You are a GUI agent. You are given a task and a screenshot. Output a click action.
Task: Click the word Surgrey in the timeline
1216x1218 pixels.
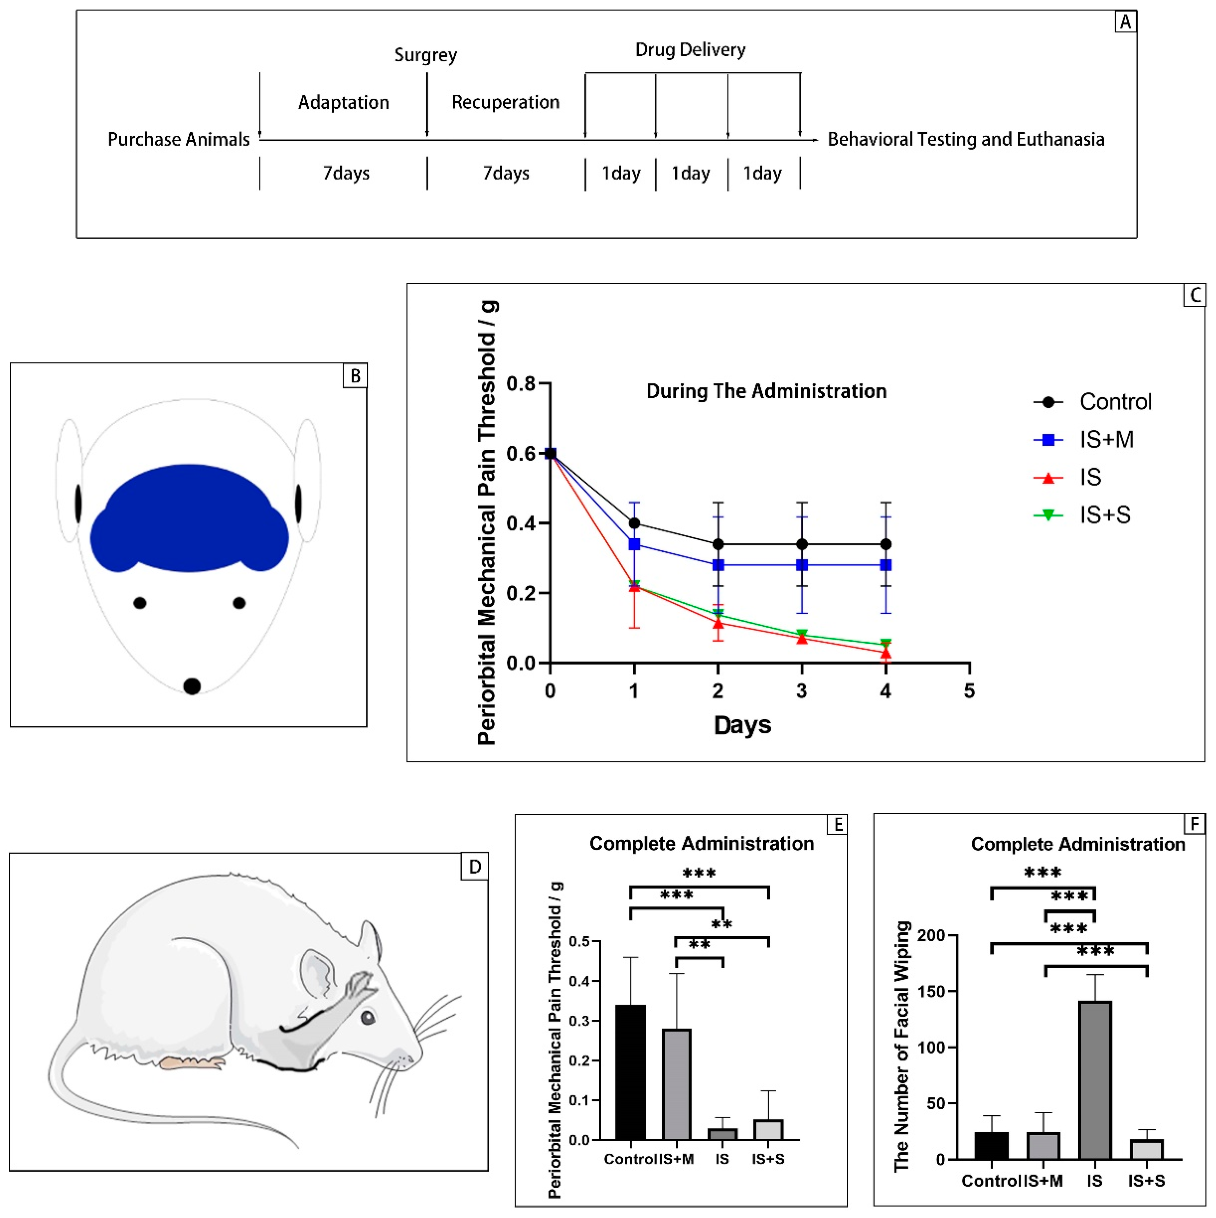tap(426, 55)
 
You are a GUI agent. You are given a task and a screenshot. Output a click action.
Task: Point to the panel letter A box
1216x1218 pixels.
tap(1125, 22)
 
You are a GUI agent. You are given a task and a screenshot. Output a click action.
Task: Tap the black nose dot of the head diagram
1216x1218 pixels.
tap(192, 686)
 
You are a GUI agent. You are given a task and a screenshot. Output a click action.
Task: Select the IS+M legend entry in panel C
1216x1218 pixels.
tap(1084, 439)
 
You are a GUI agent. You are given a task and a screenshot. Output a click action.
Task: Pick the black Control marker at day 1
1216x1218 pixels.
tap(634, 523)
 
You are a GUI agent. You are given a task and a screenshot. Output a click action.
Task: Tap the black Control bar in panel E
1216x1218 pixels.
tap(630, 1072)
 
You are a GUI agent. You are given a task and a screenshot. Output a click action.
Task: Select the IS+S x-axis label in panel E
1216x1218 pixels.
tap(768, 1159)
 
